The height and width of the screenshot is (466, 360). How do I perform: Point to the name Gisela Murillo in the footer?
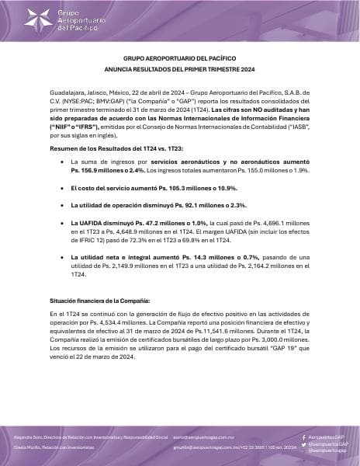27,449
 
